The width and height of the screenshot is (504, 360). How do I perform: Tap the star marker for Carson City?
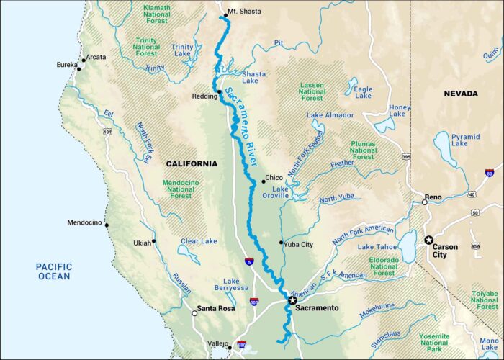[430, 240]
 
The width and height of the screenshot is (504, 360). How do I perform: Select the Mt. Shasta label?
[244, 12]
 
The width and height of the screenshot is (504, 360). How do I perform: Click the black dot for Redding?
[219, 92]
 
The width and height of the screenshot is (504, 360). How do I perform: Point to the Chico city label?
[274, 177]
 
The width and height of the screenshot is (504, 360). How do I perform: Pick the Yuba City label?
[297, 244]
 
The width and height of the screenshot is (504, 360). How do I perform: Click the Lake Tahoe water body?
[408, 248]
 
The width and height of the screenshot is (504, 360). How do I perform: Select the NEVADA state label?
[460, 94]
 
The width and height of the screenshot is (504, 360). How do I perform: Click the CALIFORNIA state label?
[192, 163]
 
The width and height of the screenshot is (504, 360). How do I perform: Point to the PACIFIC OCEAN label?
[54, 271]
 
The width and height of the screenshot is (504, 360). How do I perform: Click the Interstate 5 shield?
[248, 263]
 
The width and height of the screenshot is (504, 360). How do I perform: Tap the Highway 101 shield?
[107, 132]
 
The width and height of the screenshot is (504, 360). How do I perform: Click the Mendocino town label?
[84, 222]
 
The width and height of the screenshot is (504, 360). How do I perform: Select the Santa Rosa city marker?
[194, 313]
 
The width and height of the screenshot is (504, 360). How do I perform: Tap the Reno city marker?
[425, 202]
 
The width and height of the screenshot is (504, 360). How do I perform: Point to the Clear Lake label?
[199, 241]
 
